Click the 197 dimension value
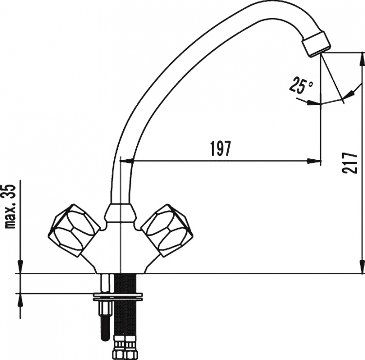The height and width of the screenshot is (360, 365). (220, 149)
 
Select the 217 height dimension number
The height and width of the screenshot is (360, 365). (349, 163)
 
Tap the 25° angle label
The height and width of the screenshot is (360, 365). (301, 86)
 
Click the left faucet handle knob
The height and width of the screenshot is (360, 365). (74, 231)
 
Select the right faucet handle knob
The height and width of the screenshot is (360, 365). (167, 231)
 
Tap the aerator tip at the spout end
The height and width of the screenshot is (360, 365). (316, 44)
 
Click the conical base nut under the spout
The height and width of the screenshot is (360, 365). (120, 213)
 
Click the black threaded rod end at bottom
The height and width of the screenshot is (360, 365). (105, 328)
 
